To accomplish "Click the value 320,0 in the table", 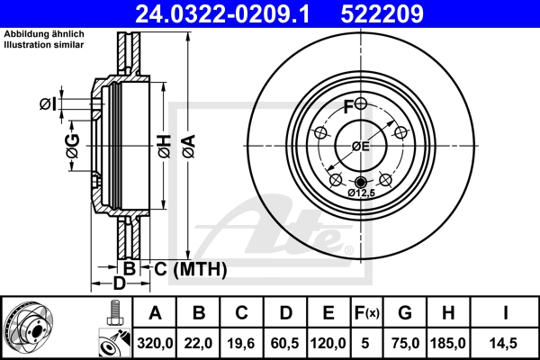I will [154, 342].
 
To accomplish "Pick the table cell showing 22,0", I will [200, 342].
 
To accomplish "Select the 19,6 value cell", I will [242, 342].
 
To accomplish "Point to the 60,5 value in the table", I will [285, 342].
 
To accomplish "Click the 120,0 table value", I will [328, 342].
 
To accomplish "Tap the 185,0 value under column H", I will [452, 342].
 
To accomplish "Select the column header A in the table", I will [154, 314].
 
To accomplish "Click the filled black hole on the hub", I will [361, 183].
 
